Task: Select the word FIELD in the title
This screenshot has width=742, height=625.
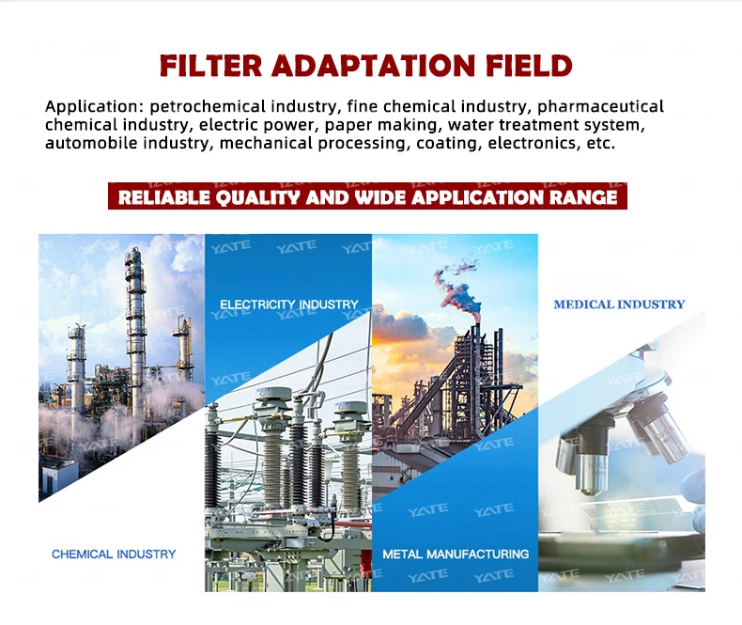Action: pyautogui.click(x=529, y=66)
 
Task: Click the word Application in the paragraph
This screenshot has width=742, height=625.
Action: pyautogui.click(x=94, y=107)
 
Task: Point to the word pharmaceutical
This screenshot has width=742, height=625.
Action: pyautogui.click(x=600, y=107)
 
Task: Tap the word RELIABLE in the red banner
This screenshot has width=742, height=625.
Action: pyautogui.click(x=163, y=197)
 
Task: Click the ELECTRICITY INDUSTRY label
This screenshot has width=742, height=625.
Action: pyautogui.click(x=289, y=305)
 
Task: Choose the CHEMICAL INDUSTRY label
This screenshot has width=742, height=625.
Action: pyautogui.click(x=114, y=554)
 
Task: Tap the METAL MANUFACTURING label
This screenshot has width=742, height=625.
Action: pyautogui.click(x=456, y=554)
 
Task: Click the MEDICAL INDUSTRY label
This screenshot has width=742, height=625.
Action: pyautogui.click(x=620, y=305)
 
